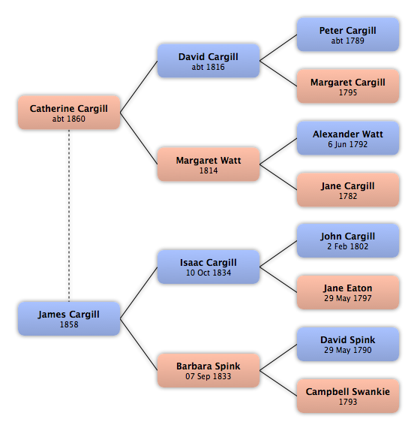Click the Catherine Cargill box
pyautogui.click(x=69, y=113)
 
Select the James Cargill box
pyautogui.click(x=69, y=318)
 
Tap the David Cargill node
pyautogui.click(x=208, y=61)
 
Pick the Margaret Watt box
pyautogui.click(x=208, y=164)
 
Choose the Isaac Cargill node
pyautogui.click(x=208, y=267)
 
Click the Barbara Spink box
pyautogui.click(x=208, y=370)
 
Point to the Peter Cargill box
pyautogui.click(x=348, y=35)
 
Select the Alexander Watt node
pyautogui.click(x=348, y=138)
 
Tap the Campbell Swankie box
pyautogui.click(x=348, y=396)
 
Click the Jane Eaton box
pyautogui.click(x=348, y=292)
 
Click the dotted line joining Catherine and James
pyautogui.click(x=69, y=215)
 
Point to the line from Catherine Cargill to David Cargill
pyautogui.click(x=139, y=86)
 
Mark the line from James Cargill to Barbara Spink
pyautogui.click(x=139, y=345)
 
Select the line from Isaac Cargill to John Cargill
pyautogui.click(x=278, y=254)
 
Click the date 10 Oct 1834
pyautogui.click(x=208, y=273)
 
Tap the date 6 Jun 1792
pyautogui.click(x=348, y=144)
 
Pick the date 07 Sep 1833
pyautogui.click(x=208, y=376)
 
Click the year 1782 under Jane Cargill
pyautogui.click(x=348, y=196)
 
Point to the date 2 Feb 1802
pyautogui.click(x=348, y=246)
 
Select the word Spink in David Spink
pyautogui.click(x=361, y=340)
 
